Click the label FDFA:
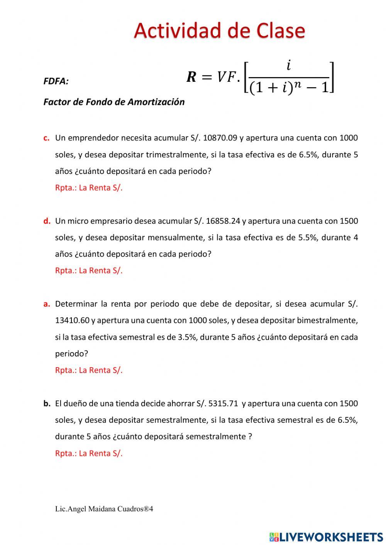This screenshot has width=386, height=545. coord(56,81)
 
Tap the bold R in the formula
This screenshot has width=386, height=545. coord(191,77)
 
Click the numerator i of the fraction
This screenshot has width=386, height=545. coord(288,66)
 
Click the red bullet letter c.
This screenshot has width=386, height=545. coord(46,138)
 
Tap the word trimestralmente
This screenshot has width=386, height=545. coord(178,155)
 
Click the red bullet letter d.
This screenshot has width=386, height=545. coord(47,221)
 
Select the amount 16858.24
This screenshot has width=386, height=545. coord(223,221)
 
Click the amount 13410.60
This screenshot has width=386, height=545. coord(72,321)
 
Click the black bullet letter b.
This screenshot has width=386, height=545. coord(47,403)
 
